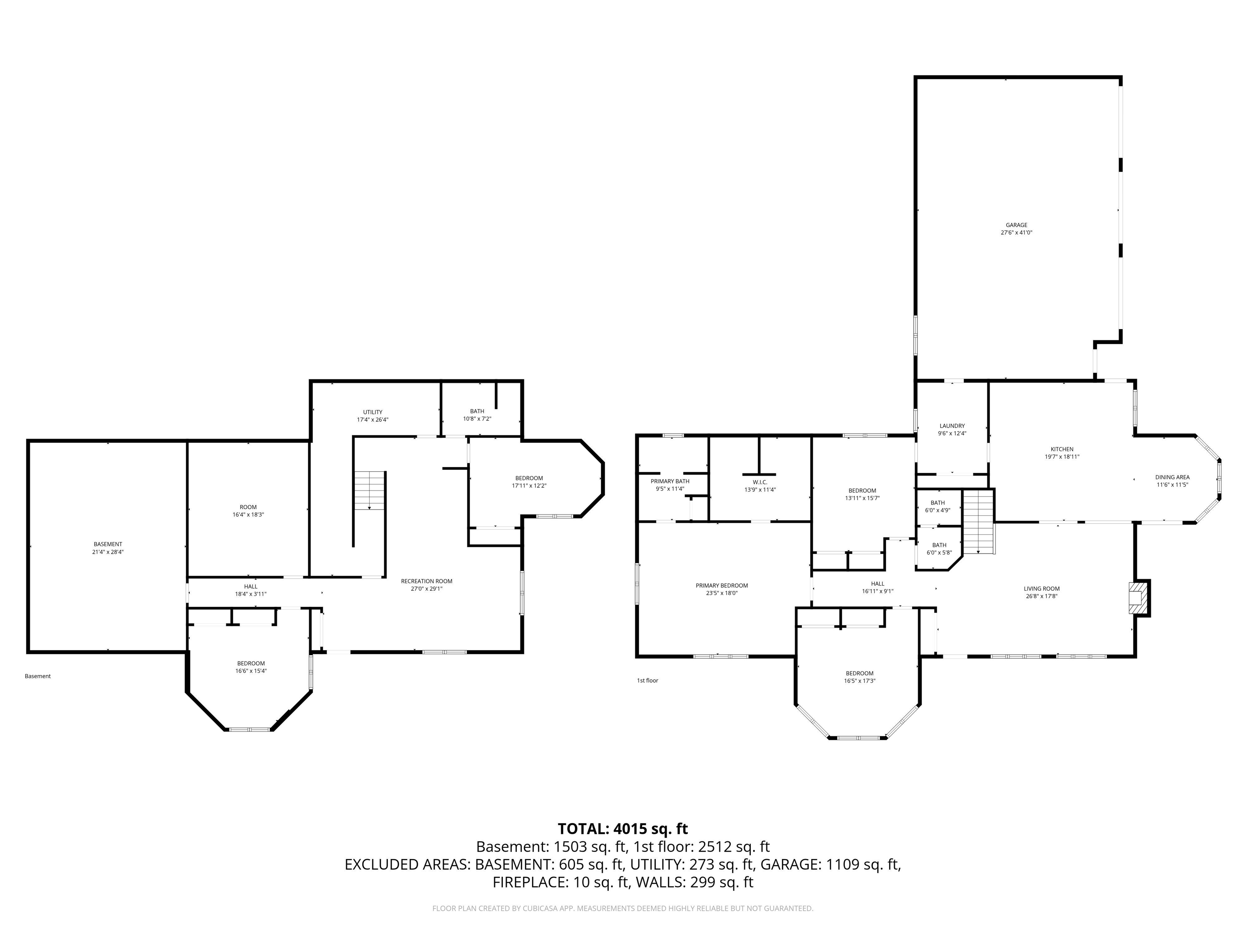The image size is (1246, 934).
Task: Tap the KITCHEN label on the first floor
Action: [x=1062, y=449]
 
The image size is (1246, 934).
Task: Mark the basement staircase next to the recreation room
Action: [x=370, y=491]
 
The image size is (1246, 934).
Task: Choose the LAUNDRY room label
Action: [x=952, y=426]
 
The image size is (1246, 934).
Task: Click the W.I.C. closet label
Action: [x=760, y=482]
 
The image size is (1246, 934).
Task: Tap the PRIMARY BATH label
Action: [x=670, y=481]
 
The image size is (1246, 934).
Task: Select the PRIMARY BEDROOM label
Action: [x=722, y=585]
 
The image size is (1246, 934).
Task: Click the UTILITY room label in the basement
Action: [x=372, y=412]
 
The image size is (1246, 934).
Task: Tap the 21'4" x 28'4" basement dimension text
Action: [x=107, y=552]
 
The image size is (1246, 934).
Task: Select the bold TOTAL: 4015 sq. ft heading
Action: [x=623, y=829]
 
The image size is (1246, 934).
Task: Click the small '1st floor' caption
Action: [x=647, y=681]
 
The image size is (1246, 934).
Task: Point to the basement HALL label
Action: [x=251, y=587]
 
